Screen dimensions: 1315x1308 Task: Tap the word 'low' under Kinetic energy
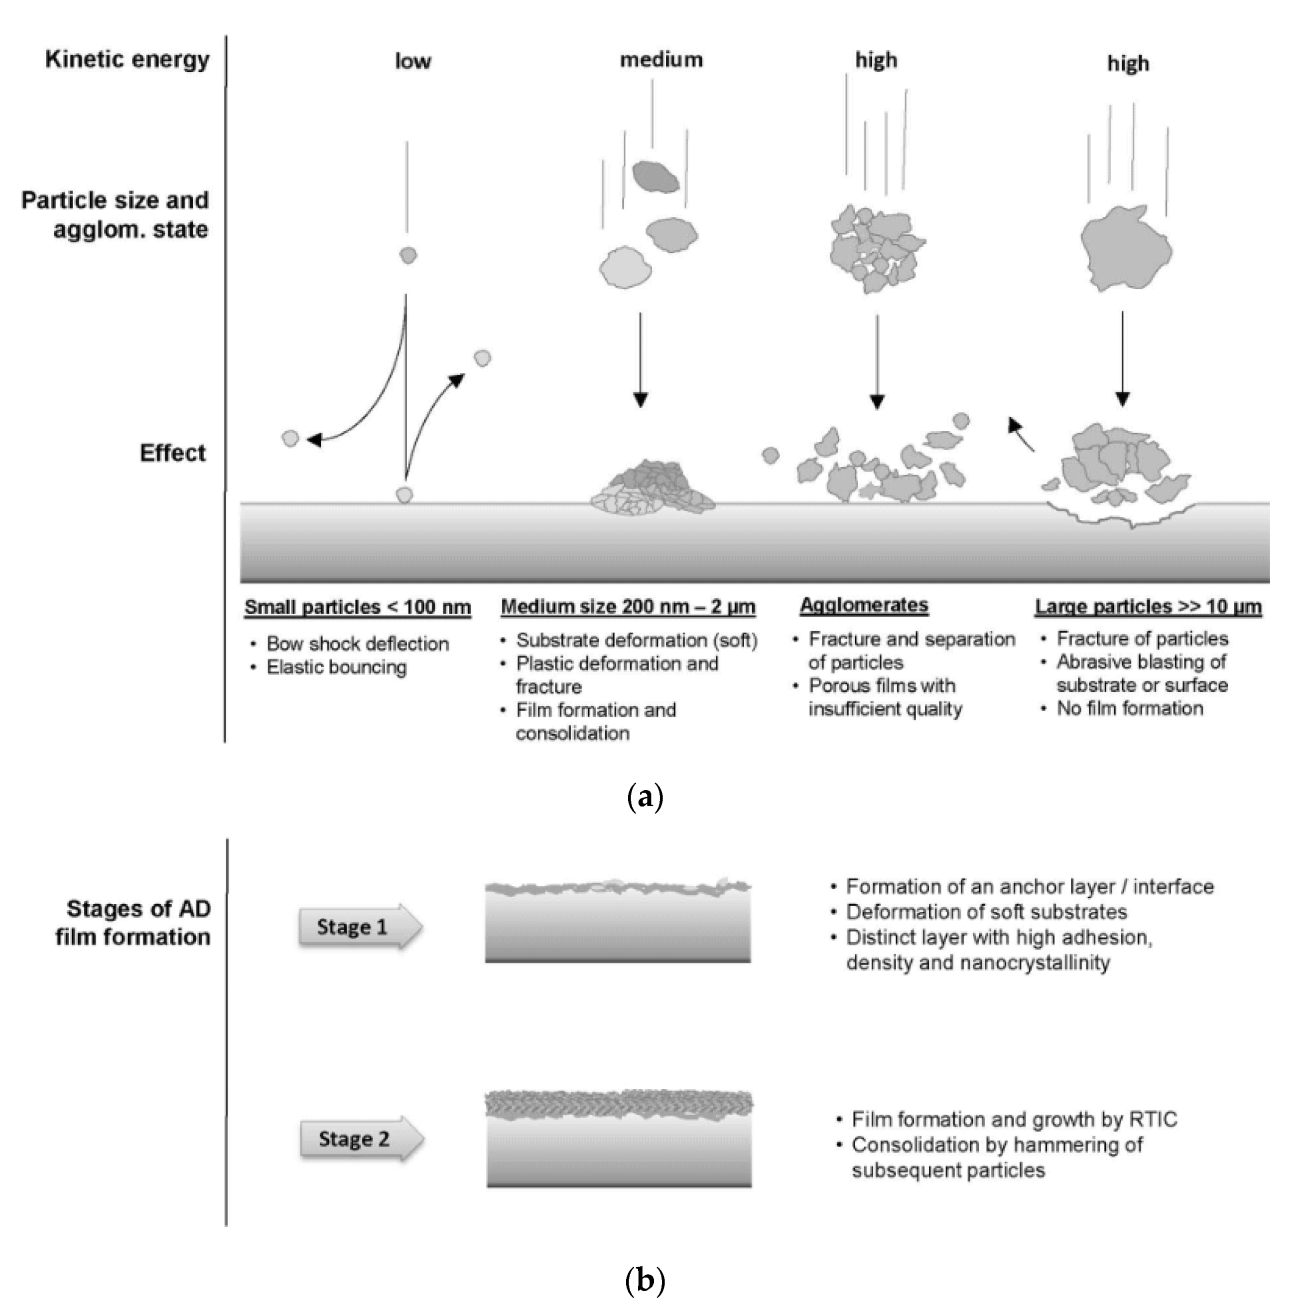(413, 61)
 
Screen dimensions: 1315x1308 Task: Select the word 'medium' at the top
(661, 60)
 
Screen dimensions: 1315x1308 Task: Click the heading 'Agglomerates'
(864, 605)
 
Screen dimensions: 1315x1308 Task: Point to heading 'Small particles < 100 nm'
(358, 607)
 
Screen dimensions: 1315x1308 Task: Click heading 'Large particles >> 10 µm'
(1148, 607)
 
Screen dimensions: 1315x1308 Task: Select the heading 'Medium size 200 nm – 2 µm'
(628, 607)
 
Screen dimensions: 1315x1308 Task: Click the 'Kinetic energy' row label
(127, 59)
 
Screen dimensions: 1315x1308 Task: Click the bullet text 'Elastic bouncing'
(337, 667)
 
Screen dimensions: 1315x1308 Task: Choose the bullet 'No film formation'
(1130, 708)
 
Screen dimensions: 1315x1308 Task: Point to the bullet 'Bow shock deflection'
(358, 644)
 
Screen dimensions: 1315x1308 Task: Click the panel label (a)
(644, 797)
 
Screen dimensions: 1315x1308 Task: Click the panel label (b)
(644, 1280)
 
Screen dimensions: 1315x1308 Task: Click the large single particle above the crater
(1126, 248)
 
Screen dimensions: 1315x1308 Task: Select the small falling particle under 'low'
(408, 255)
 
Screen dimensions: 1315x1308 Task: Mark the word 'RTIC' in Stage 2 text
(1153, 1120)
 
